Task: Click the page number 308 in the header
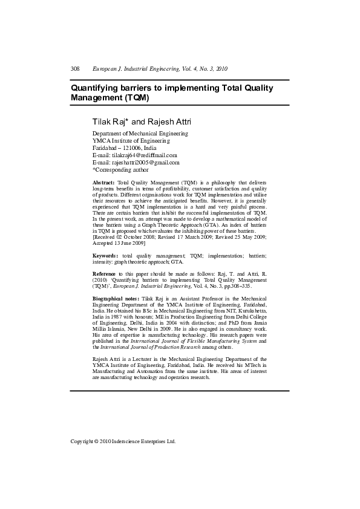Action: pyautogui.click(x=75, y=69)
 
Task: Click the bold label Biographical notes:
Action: pyautogui.click(x=116, y=299)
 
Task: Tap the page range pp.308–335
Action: pyautogui.click(x=234, y=287)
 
